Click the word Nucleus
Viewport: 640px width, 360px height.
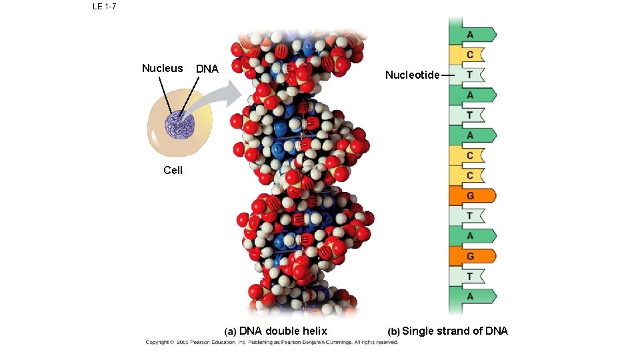click(162, 68)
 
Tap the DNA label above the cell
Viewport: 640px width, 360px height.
click(207, 69)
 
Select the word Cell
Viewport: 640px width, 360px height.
click(173, 170)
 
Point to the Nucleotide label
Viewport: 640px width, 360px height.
click(413, 75)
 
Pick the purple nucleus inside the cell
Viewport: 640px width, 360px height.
click(179, 125)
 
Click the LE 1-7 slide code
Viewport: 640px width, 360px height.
click(105, 7)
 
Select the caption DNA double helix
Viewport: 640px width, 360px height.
click(283, 331)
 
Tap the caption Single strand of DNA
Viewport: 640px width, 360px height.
click(455, 331)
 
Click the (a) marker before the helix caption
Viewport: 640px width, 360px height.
click(231, 331)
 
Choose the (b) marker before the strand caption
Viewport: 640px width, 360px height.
click(393, 331)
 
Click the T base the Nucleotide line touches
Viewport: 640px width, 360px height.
click(470, 75)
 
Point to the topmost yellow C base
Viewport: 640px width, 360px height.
click(470, 55)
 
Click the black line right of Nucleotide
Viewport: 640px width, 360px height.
click(448, 75)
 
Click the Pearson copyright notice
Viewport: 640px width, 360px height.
click(272, 343)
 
